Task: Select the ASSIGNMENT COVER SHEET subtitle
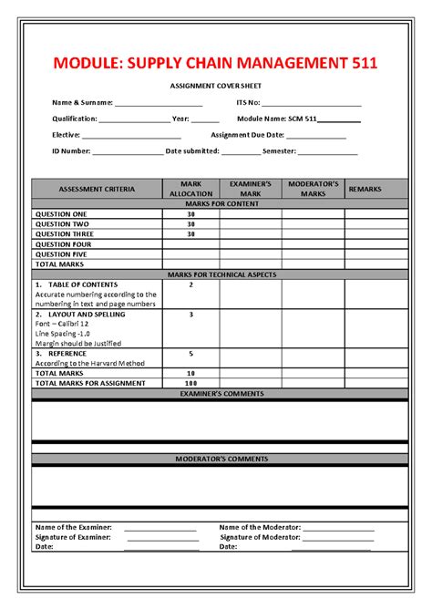tap(216, 85)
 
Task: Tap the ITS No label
tap(248, 103)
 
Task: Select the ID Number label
tap(71, 150)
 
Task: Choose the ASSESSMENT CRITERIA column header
tap(97, 189)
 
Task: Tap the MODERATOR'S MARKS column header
tap(313, 189)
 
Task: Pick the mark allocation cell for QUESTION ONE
tap(190, 213)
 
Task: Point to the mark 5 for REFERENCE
tap(190, 353)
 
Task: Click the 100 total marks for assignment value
tap(190, 383)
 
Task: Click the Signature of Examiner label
tap(73, 537)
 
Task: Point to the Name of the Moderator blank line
tap(338, 528)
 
